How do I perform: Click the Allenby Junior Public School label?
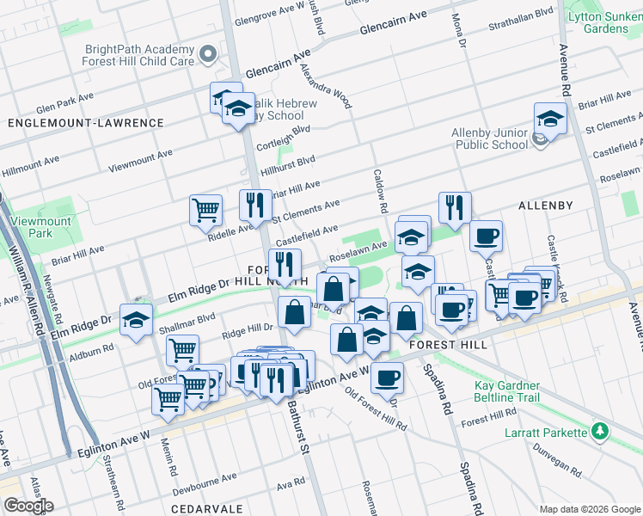click(490, 138)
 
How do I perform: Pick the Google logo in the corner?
click(28, 506)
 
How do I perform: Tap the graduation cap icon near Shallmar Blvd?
click(136, 320)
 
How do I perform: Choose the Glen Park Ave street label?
click(65, 106)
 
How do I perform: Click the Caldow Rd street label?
click(382, 190)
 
